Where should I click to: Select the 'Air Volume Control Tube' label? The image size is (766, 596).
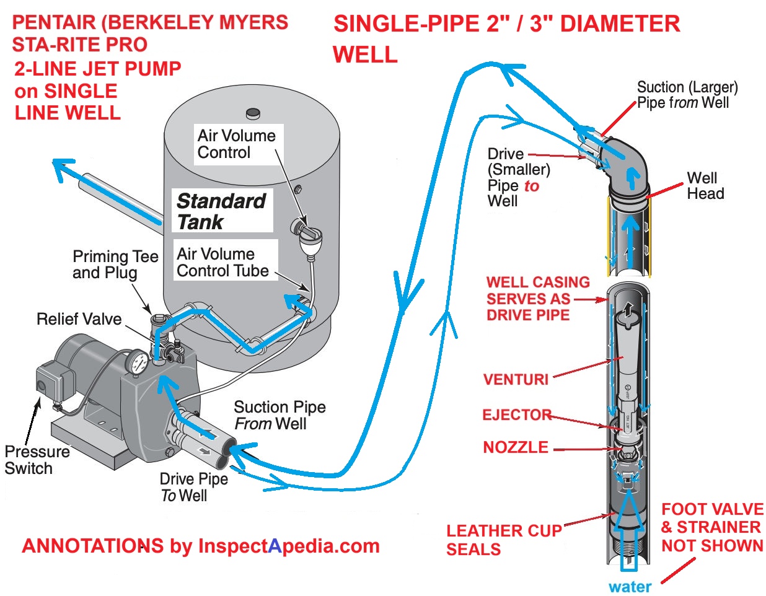point(222,262)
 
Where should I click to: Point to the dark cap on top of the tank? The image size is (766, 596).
point(253,113)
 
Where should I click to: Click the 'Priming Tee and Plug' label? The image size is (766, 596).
point(116,264)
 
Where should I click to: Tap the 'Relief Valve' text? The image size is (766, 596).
point(79,319)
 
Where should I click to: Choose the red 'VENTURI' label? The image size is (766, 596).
point(516,379)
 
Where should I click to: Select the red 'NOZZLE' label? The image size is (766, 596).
point(516,447)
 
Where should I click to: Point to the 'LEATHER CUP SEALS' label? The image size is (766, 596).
point(504,540)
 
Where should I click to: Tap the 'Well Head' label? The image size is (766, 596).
point(705,186)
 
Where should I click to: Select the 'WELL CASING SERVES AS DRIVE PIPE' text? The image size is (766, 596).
point(539,299)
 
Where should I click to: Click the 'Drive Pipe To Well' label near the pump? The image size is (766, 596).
point(194,487)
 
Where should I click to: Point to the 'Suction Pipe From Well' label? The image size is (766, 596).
point(280,415)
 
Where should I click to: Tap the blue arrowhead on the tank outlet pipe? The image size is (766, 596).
point(64,169)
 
